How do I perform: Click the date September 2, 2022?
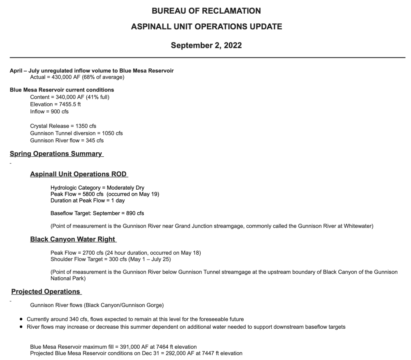206,45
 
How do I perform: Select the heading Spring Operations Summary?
57,153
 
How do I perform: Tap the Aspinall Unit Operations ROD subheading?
79,174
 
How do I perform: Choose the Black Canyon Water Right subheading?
73,239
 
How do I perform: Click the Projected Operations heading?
46,291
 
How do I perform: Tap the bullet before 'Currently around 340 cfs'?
20,319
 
